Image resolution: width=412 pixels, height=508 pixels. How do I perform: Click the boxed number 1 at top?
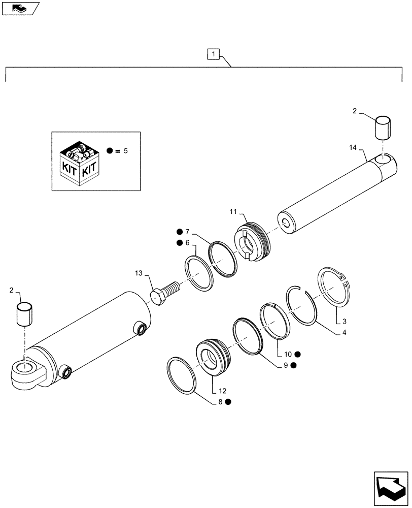click(214, 53)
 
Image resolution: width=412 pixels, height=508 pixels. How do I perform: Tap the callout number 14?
click(354, 148)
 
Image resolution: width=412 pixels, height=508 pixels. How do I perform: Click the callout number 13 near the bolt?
click(139, 274)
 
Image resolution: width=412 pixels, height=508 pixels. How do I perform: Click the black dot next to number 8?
click(228, 402)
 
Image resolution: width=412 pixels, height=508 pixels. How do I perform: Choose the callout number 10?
click(287, 354)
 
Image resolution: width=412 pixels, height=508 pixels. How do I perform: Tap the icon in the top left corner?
click(20, 8)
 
